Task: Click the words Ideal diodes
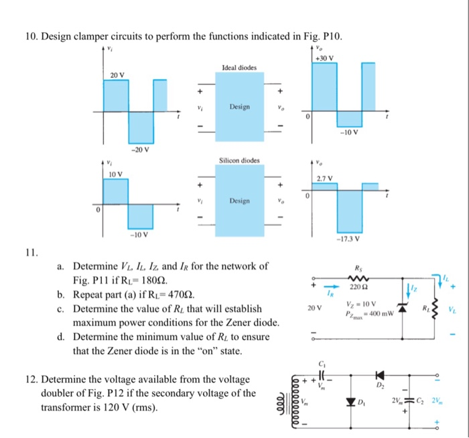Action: [x=239, y=68]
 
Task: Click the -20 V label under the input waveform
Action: [x=139, y=150]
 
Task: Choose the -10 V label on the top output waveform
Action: [x=350, y=131]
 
